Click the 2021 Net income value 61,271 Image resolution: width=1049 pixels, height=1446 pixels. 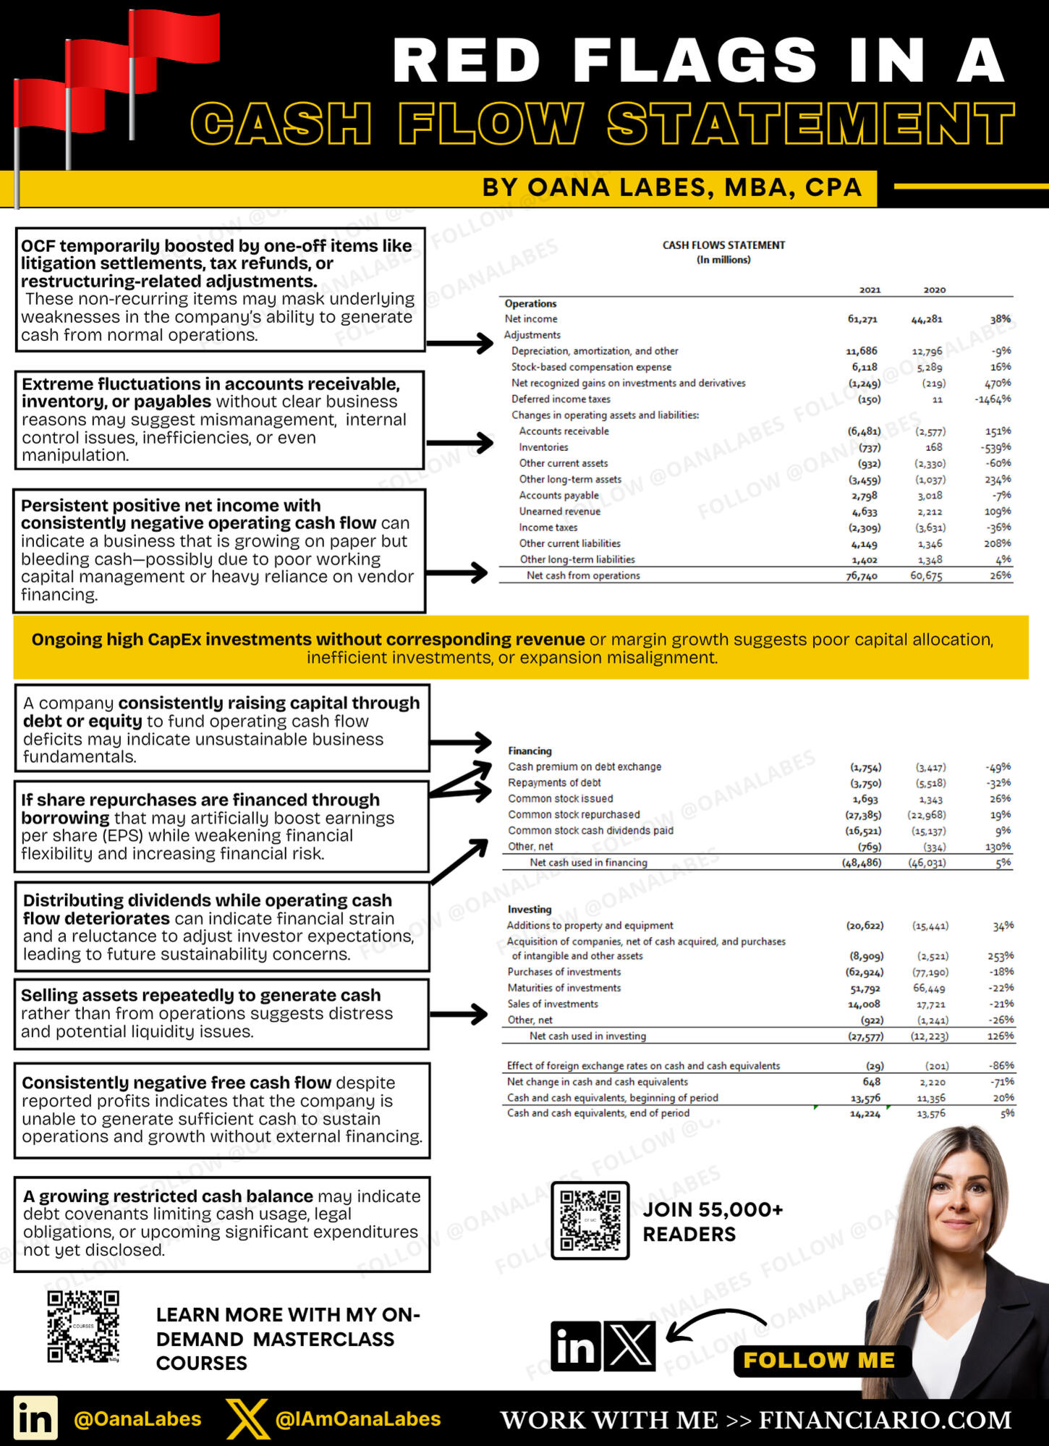pyautogui.click(x=862, y=319)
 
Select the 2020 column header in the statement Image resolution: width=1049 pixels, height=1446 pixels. pyautogui.click(x=934, y=289)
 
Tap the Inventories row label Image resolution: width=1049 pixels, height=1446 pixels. pyautogui.click(x=543, y=447)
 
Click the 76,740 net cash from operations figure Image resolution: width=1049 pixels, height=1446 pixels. pyautogui.click(x=861, y=576)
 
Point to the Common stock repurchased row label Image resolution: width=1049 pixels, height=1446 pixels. pyautogui.click(x=574, y=814)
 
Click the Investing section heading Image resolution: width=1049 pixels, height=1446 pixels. pyautogui.click(x=529, y=909)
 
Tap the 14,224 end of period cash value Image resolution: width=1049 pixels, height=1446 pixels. pyautogui.click(x=865, y=1114)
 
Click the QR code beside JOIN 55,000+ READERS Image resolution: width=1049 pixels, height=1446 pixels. pyautogui.click(x=590, y=1220)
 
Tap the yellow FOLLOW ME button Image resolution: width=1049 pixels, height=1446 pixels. pyautogui.click(x=819, y=1361)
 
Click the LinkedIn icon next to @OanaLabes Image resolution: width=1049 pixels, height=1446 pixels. pyautogui.click(x=35, y=1418)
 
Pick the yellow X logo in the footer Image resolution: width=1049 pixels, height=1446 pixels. pyautogui.click(x=247, y=1418)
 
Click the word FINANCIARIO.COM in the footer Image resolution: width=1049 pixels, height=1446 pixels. pyautogui.click(x=885, y=1420)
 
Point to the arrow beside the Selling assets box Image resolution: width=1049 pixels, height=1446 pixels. pyautogui.click(x=459, y=1013)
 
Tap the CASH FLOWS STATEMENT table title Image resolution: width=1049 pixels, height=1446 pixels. pyautogui.click(x=723, y=245)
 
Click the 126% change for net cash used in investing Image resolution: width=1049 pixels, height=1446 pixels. pyautogui.click(x=1001, y=1036)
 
